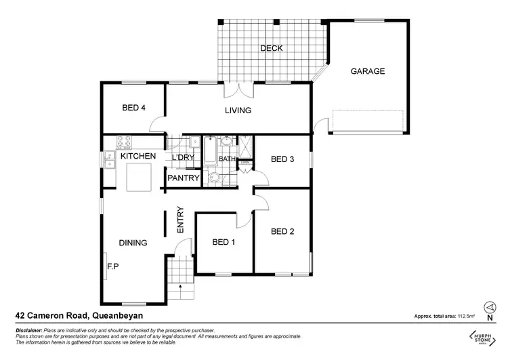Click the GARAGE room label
(x=367, y=71)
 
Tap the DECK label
(x=272, y=48)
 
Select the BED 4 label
(x=133, y=108)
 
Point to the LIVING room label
(x=238, y=111)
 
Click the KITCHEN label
(x=138, y=157)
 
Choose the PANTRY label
(x=184, y=179)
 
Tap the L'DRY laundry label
(x=183, y=157)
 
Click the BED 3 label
(x=282, y=159)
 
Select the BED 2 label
(x=282, y=231)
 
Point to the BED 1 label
(x=224, y=242)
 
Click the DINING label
(x=133, y=242)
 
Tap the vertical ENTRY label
(x=180, y=220)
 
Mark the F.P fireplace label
(x=113, y=266)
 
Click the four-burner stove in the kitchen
(x=124, y=142)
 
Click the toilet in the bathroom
(x=214, y=178)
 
